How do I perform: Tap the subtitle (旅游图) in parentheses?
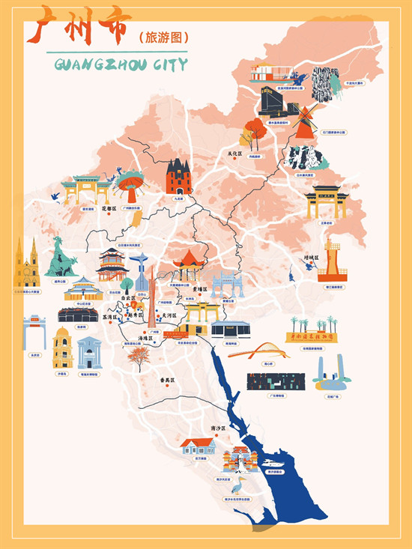(163, 36)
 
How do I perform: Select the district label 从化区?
(236, 154)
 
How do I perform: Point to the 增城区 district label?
(311, 258)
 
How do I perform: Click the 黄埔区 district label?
(199, 287)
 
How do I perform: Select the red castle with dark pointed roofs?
(179, 178)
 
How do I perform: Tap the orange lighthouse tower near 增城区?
(333, 262)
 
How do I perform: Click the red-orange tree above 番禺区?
(137, 356)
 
